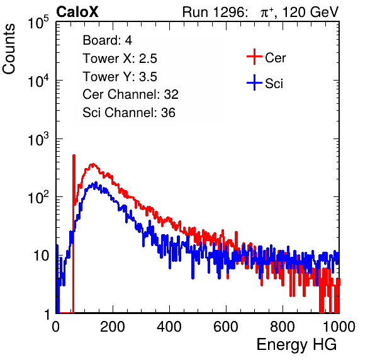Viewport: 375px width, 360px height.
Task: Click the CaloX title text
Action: tap(77, 12)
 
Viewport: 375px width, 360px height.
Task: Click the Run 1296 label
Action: tap(215, 12)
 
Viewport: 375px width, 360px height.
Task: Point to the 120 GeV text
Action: tap(310, 12)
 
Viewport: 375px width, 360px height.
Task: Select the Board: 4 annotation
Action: tap(107, 40)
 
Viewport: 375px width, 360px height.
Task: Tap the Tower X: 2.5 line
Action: tap(120, 59)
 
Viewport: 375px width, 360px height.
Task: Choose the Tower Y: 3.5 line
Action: tap(120, 77)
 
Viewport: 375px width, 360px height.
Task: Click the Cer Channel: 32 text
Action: tap(131, 94)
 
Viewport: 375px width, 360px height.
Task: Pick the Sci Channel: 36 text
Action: tap(129, 113)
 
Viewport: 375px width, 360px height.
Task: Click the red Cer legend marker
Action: tap(254, 57)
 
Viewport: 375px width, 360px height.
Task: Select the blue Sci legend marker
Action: tap(254, 82)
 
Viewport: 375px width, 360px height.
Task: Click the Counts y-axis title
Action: tap(9, 49)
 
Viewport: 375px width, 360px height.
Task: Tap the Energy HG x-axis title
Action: tap(296, 345)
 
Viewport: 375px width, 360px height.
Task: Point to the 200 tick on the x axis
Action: tap(113, 327)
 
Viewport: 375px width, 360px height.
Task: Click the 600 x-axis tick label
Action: tap(226, 327)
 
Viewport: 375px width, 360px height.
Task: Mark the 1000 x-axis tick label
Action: tap(339, 327)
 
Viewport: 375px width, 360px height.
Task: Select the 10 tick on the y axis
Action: tap(42, 256)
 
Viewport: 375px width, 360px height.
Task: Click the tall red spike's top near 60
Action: tap(74, 155)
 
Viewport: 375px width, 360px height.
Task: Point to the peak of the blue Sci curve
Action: tap(96, 183)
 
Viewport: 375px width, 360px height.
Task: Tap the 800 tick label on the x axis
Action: tap(283, 327)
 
